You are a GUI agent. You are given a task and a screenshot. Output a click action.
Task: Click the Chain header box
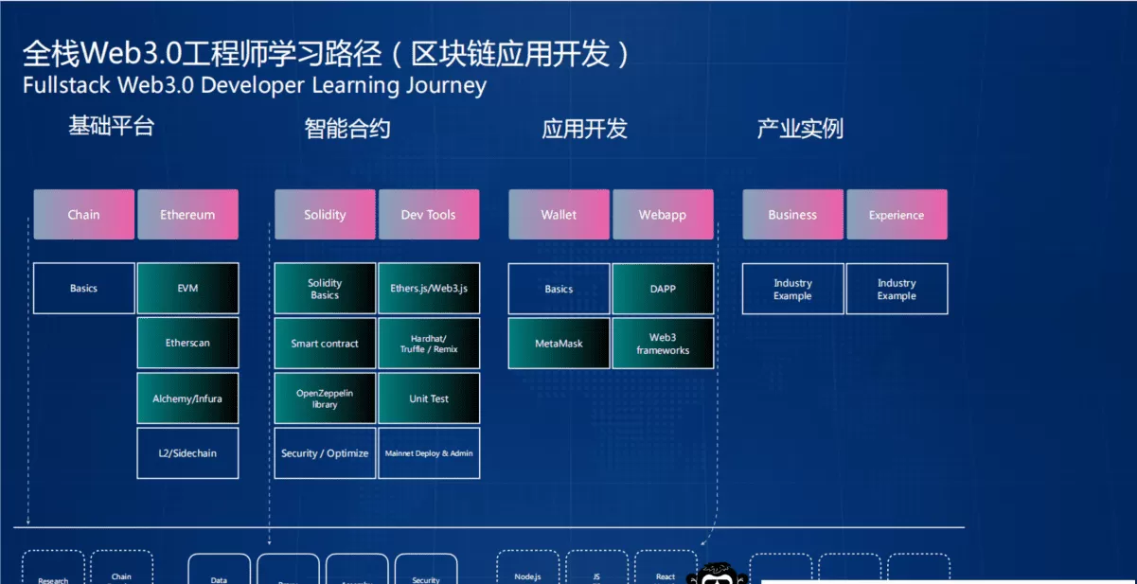83,215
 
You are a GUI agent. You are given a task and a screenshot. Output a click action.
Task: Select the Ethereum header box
187,215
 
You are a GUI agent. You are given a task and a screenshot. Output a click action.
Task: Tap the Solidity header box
325,215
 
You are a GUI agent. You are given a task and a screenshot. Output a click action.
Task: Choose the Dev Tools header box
428,215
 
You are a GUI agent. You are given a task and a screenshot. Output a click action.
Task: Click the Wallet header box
559,215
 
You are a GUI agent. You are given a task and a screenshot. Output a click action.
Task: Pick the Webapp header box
663,215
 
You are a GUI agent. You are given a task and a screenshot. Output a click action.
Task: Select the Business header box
792,215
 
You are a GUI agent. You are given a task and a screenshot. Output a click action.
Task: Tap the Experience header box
897,215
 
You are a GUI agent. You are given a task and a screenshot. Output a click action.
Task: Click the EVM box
187,289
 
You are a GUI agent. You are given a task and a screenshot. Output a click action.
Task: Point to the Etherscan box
187,343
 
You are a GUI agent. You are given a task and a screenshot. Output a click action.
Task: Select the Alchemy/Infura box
187,398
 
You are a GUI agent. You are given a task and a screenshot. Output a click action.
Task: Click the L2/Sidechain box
187,453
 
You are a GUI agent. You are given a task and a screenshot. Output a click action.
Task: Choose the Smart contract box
325,344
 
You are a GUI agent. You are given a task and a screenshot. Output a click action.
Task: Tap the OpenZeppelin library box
325,398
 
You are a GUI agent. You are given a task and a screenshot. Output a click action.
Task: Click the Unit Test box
429,398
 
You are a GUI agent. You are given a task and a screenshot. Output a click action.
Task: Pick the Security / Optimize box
325,453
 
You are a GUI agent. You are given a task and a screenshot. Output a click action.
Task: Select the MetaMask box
559,344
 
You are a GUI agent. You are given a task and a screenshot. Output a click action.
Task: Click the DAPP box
663,289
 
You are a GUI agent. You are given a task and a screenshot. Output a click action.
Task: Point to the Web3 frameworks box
663,344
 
